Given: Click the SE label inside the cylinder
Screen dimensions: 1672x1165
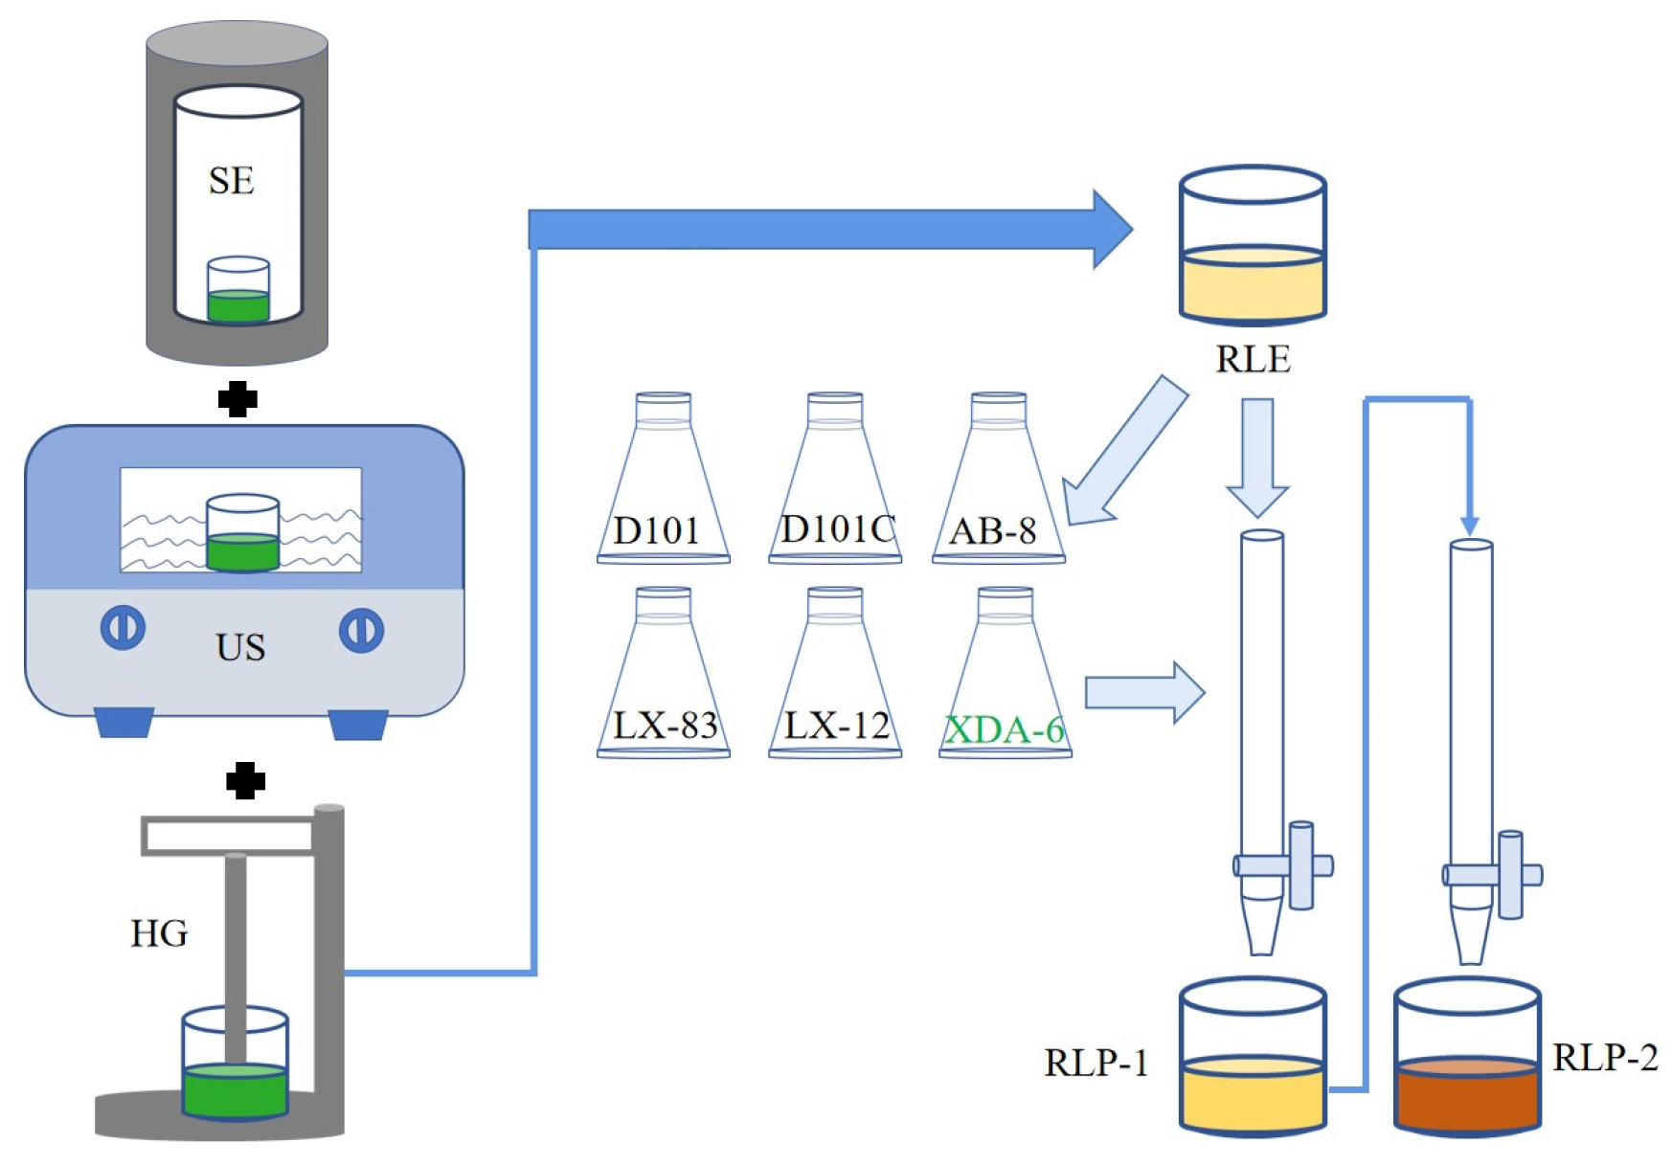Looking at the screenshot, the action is pos(232,180).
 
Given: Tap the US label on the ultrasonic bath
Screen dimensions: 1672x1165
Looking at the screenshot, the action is pos(240,647).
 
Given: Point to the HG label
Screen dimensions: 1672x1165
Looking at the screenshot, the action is pos(159,932).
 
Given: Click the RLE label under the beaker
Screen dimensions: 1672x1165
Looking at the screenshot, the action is pos(1253,359).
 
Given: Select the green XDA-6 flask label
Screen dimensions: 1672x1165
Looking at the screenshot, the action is pos(1005,729).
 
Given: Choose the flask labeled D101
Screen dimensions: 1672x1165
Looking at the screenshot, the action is pos(663,478).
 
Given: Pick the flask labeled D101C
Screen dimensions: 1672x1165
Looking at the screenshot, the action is pos(835,478).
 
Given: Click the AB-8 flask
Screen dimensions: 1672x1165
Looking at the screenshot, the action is pos(999,478).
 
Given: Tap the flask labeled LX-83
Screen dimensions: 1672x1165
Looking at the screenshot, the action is pos(663,673).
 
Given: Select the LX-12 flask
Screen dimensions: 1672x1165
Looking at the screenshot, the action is pos(835,673).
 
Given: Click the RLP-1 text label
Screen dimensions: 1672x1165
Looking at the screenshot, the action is pos(1096,1063).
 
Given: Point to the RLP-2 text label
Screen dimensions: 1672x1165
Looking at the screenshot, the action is pos(1605,1057).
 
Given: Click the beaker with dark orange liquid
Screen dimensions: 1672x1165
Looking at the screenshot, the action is pos(1467,1057).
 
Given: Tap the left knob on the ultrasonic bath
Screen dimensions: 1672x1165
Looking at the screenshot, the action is pos(123,628).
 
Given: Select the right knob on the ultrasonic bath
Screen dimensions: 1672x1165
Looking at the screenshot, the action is pos(361,631).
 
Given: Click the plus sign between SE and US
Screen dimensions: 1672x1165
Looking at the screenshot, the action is pos(237,399).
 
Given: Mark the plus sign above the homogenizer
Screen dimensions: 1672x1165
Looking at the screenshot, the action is pos(245,781).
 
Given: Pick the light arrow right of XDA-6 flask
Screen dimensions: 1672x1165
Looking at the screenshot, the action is pos(1144,691).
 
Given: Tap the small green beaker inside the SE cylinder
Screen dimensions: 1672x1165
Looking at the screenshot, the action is pos(238,289).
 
